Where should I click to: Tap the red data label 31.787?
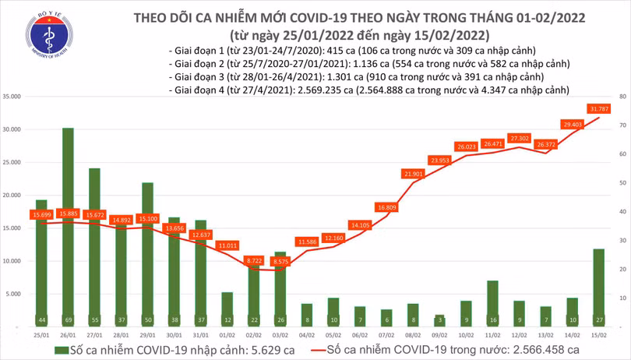pos(598,109)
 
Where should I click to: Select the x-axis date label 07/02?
pos(386,333)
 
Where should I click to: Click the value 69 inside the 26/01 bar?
pos(68,319)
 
